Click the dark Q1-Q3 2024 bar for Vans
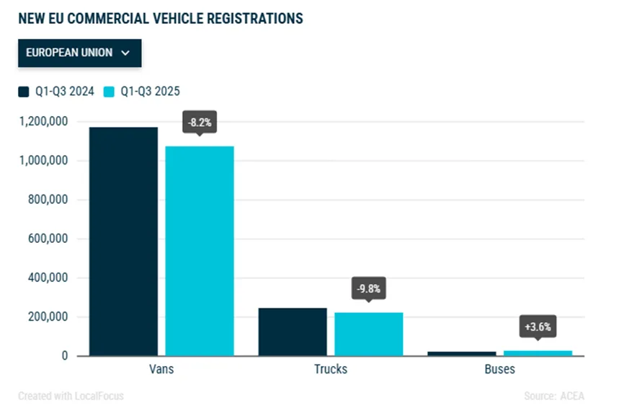(x=124, y=241)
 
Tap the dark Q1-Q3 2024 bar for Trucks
(x=293, y=332)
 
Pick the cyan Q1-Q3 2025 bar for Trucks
(x=369, y=334)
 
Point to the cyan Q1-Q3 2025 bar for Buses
(x=538, y=353)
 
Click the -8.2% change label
(x=200, y=123)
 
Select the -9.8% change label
(x=368, y=290)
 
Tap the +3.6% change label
(x=538, y=327)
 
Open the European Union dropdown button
(x=79, y=53)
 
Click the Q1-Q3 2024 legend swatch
(x=24, y=92)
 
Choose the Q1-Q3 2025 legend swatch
(x=110, y=92)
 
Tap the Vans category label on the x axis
(x=161, y=369)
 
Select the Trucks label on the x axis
(x=331, y=369)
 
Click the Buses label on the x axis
(x=500, y=369)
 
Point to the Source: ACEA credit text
(x=554, y=396)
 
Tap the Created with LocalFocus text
(x=71, y=396)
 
